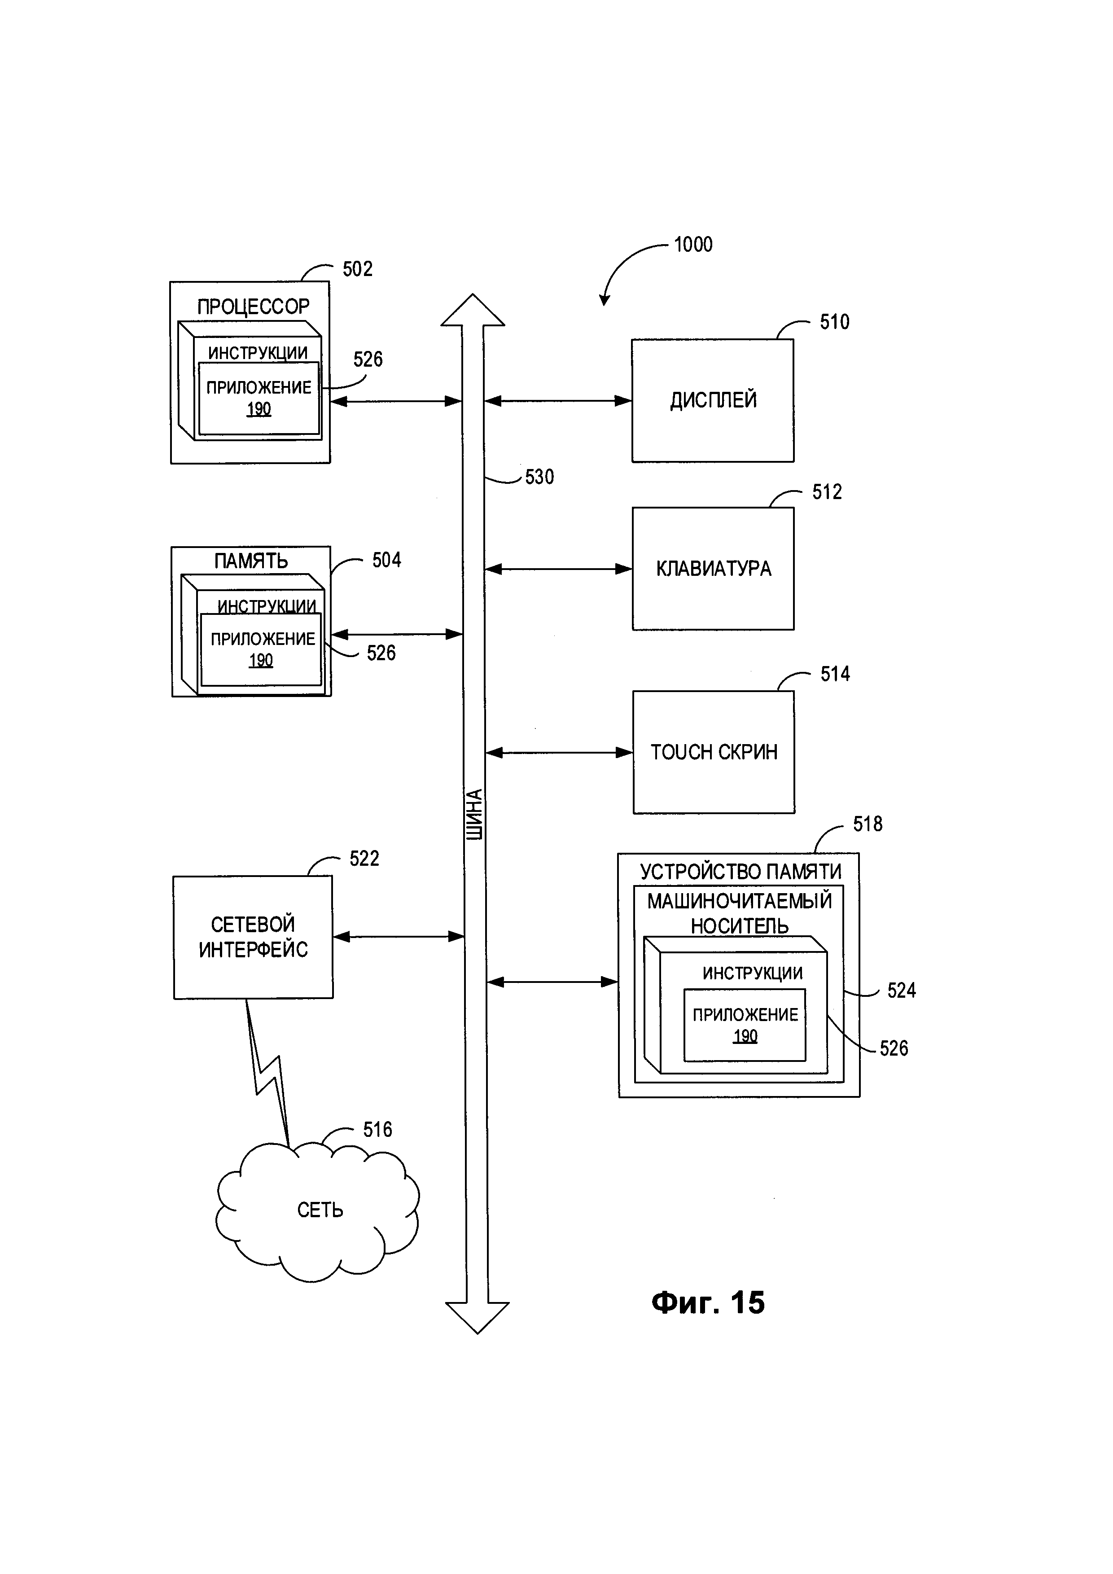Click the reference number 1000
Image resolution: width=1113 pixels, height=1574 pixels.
pos(693,245)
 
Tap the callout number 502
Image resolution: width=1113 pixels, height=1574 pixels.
pos(357,269)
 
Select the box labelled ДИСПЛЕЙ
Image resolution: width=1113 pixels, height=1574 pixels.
pos(713,400)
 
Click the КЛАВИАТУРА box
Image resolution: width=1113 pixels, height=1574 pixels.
pos(713,569)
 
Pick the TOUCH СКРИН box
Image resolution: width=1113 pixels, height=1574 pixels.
pos(714,753)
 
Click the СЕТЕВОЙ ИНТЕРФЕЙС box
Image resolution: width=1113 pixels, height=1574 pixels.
pos(253,937)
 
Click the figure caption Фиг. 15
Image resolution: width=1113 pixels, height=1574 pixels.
pos(707,1302)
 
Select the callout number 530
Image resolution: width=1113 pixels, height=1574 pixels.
pos(539,477)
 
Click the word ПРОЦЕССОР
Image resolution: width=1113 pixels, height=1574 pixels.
pos(253,307)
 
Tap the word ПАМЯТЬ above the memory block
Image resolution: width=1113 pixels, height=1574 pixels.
pos(251,561)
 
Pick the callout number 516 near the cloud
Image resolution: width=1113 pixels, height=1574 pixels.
pos(377,1130)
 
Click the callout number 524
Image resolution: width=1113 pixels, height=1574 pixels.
pos(901,991)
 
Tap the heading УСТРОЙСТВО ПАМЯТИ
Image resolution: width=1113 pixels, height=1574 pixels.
pos(740,871)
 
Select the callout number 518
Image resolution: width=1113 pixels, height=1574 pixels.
pos(867,824)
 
